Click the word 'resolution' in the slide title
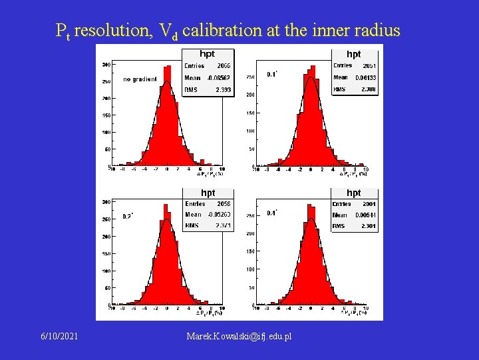(x=112, y=30)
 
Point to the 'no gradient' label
(x=140, y=79)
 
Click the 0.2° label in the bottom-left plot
(x=128, y=216)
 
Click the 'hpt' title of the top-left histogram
(x=208, y=53)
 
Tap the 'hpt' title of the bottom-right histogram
(x=353, y=193)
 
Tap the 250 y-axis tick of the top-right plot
(x=250, y=77)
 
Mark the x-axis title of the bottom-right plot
(x=353, y=312)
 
